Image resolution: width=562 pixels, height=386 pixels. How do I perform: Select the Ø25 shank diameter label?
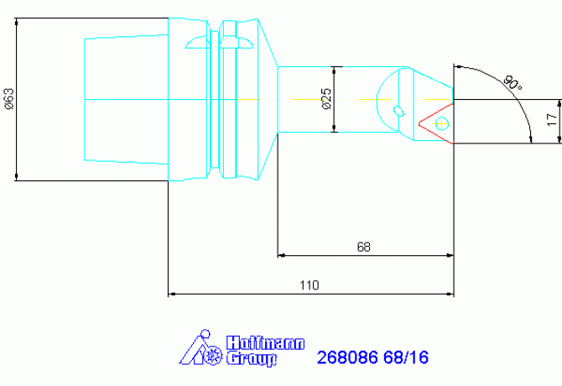[326, 99]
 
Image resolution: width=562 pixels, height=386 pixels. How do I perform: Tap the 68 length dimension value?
[363, 247]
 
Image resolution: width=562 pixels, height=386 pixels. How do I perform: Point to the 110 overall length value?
[310, 285]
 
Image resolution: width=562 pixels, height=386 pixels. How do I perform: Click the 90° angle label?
[511, 83]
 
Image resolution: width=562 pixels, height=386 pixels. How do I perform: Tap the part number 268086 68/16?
[372, 357]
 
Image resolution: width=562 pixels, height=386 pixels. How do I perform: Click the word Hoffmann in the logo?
[266, 343]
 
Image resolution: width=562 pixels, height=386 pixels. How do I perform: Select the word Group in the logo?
[252, 359]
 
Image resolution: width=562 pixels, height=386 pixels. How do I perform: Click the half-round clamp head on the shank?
[393, 88]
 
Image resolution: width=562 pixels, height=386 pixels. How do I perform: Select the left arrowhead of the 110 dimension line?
[173, 294]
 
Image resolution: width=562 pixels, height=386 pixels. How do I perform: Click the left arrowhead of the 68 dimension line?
[282, 254]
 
